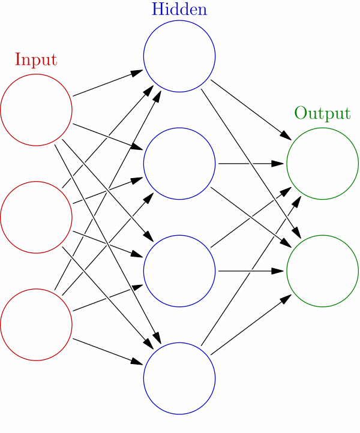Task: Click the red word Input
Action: (36, 60)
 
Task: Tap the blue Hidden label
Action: (179, 10)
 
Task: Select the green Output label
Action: (322, 113)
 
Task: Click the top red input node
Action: (36, 110)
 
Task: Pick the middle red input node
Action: (36, 217)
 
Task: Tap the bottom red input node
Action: (36, 324)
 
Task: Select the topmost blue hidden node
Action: (179, 56)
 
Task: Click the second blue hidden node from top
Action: (179, 163)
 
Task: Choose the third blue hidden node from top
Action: (179, 271)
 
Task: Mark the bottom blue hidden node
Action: (179, 378)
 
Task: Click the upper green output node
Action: (322, 163)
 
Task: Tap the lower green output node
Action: (322, 271)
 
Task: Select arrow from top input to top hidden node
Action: (108, 83)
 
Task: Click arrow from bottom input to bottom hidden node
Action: (108, 351)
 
